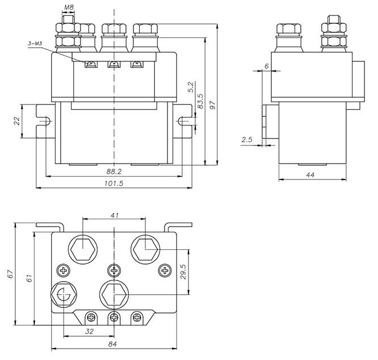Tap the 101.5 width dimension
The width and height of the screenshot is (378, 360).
point(114,183)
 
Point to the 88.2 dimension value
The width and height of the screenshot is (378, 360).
point(114,171)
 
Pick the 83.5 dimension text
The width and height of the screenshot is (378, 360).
point(200,101)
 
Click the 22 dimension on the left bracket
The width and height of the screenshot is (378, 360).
point(16,120)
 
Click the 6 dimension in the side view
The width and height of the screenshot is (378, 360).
point(266,66)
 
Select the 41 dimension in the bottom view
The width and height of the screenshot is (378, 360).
point(114,215)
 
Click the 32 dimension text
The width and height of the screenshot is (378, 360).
point(90,332)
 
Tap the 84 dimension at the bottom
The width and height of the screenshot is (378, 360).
point(114,344)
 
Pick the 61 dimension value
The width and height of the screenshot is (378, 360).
point(30,278)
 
